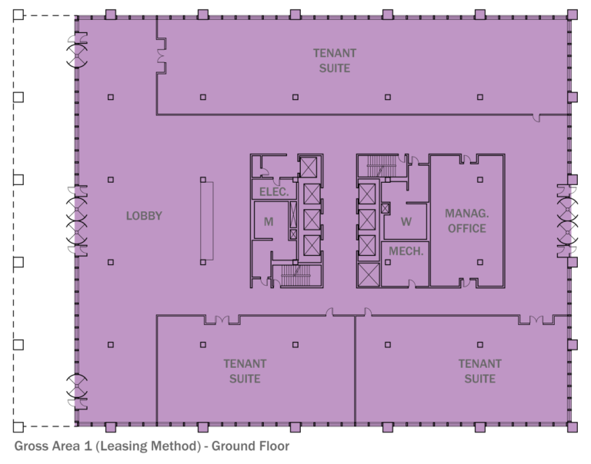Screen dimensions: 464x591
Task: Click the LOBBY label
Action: coord(144,216)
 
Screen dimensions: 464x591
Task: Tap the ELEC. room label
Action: coord(274,192)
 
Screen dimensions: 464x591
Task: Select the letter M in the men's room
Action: coord(269,222)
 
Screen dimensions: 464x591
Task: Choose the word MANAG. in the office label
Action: coord(467,212)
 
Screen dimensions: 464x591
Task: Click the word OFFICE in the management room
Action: coord(467,228)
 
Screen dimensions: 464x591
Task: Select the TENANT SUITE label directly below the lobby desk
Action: coord(245,371)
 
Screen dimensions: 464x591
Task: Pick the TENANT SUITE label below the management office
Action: coord(479,371)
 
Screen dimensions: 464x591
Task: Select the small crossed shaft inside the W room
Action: coord(386,208)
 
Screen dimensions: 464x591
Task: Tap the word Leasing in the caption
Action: coord(135,446)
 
